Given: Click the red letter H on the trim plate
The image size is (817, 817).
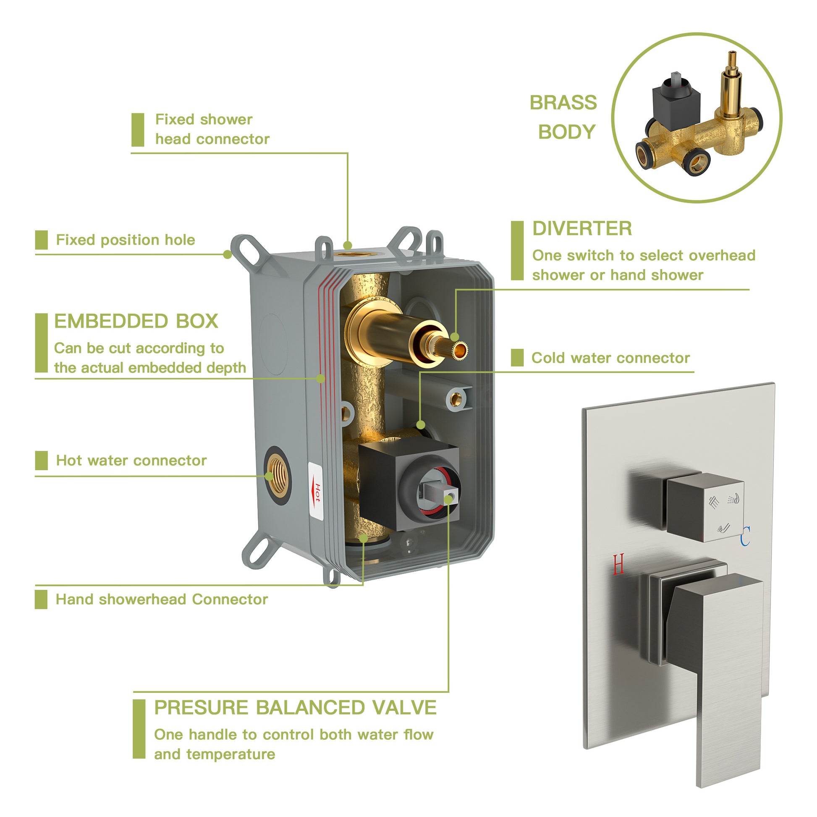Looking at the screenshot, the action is click(x=618, y=564).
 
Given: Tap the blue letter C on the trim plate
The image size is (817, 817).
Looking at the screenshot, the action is click(x=745, y=535).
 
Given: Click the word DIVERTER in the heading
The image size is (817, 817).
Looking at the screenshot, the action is click(x=582, y=229).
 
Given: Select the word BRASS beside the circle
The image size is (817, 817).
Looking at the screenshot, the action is click(x=563, y=102).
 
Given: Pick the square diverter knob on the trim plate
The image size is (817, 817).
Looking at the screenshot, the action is click(x=705, y=508).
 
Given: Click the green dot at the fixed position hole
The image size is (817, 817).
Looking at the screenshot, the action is click(x=228, y=254).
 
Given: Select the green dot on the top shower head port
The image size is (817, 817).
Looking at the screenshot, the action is click(x=348, y=245).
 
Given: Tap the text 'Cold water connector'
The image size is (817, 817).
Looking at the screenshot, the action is click(x=610, y=358).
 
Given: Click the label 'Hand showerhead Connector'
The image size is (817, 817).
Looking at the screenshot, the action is click(x=162, y=599).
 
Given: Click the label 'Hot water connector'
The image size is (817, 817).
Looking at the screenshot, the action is click(x=131, y=460).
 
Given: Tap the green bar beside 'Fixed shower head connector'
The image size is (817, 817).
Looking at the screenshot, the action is click(x=138, y=130).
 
